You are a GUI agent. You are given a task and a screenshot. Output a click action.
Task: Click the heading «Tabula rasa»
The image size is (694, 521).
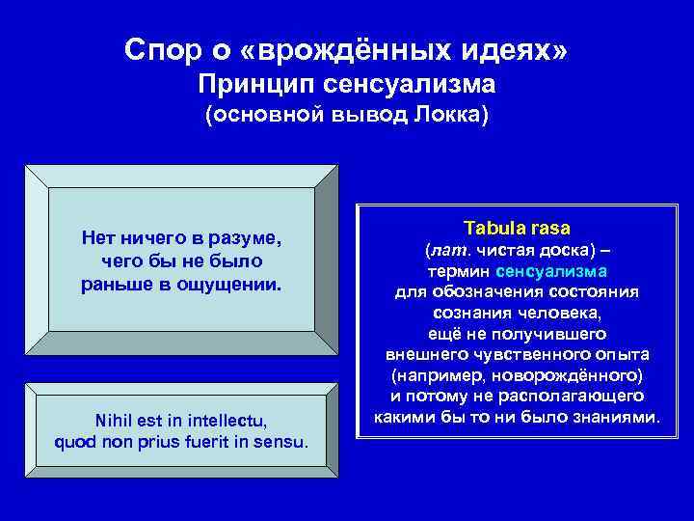pyautogui.click(x=517, y=229)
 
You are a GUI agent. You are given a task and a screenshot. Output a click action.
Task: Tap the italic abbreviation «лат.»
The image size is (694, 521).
pyautogui.click(x=450, y=251)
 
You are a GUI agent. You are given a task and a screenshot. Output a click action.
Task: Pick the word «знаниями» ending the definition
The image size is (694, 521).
pyautogui.click(x=620, y=418)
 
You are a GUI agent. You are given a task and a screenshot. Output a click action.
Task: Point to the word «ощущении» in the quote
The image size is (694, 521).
pyautogui.click(x=238, y=285)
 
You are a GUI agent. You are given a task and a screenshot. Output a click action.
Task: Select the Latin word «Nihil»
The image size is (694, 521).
pyautogui.click(x=117, y=422)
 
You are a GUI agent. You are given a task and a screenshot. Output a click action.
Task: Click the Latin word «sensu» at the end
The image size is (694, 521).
pyautogui.click(x=283, y=443)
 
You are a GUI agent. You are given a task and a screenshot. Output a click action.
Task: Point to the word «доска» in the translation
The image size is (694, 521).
pyautogui.click(x=571, y=251)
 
